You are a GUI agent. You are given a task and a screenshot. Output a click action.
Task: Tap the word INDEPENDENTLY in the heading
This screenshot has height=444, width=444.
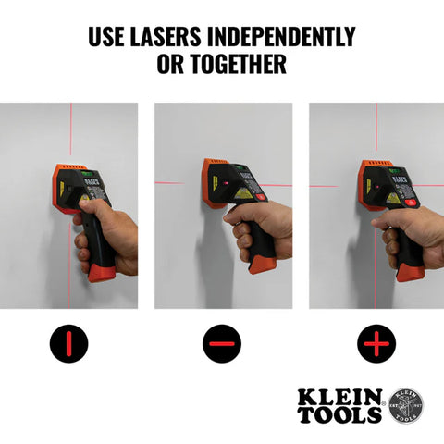point(281,38)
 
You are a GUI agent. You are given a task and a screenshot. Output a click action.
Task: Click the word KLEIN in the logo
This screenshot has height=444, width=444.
point(339,397)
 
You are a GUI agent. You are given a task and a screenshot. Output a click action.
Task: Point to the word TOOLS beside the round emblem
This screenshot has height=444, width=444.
point(339,414)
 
